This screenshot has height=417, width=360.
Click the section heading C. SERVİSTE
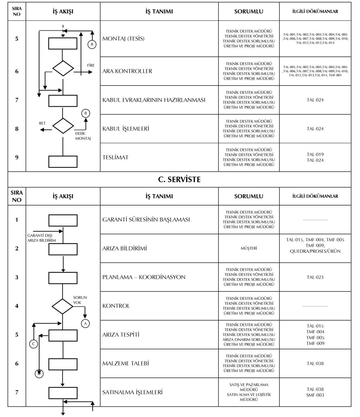[179, 179]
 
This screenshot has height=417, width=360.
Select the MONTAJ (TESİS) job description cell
[123, 39]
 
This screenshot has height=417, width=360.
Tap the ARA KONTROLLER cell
[127, 71]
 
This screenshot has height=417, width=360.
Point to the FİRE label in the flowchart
[91, 65]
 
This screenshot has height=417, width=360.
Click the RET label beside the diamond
[42, 123]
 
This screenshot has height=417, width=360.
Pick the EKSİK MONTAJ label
[83, 136]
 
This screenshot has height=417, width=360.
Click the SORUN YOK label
[80, 300]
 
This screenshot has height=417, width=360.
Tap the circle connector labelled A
[85, 324]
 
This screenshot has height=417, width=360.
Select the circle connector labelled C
[34, 344]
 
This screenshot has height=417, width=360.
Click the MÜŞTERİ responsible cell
[249, 248]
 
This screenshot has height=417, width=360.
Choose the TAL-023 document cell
[315, 277]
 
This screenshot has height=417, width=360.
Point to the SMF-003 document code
[315, 395]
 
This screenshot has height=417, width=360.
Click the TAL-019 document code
[315, 154]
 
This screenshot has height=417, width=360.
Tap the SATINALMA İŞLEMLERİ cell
[133, 392]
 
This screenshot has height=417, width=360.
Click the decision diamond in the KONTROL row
[63, 306]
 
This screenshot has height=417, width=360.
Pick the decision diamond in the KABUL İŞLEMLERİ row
[63, 126]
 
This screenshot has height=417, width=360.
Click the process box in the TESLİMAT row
[63, 162]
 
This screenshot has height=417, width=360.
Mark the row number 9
[17, 157]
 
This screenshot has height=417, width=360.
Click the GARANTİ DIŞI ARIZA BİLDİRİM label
[42, 238]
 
